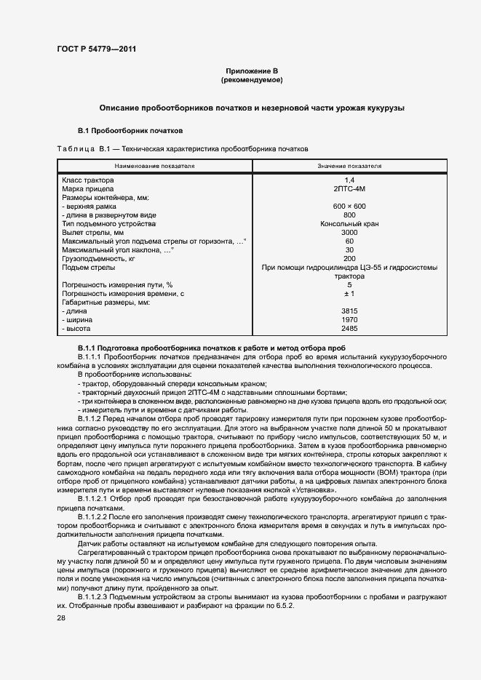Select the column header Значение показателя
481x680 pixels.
349,166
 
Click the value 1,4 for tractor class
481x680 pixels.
349,180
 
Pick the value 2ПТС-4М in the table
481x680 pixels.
349,188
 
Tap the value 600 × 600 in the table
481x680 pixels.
349,206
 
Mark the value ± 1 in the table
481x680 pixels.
349,293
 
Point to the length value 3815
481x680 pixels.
349,311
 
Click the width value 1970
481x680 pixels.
349,319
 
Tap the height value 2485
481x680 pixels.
349,328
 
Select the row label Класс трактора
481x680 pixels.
86,180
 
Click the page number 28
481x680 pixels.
60,617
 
